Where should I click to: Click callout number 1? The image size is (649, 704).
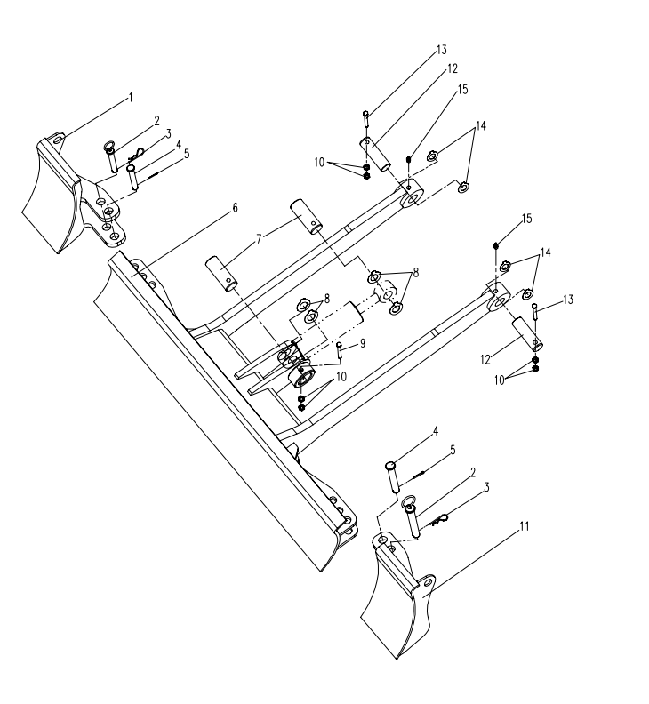coord(131,98)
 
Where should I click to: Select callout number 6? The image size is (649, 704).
coord(235,208)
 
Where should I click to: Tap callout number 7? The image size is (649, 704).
coord(259,239)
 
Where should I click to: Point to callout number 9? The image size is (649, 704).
coord(363,343)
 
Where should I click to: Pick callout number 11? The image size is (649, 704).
coord(525,526)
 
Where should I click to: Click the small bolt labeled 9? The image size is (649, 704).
coord(340,350)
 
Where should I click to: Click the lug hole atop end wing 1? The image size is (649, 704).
coord(57,140)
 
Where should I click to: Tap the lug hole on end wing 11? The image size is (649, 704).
coord(428,583)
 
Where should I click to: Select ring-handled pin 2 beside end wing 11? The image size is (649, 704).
coord(412,516)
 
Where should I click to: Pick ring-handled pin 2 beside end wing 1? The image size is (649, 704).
coord(112,157)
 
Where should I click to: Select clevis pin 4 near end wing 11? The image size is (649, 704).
coord(392,477)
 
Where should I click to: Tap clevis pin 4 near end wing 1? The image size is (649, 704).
coord(132,177)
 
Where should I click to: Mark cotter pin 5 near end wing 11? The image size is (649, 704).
coord(417,474)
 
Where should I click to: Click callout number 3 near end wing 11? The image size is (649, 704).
coord(486,488)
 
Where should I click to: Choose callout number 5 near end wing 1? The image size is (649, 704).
coord(187,154)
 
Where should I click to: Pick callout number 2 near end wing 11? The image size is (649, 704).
coord(472,472)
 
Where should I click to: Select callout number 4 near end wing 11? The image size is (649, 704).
coord(436,431)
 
